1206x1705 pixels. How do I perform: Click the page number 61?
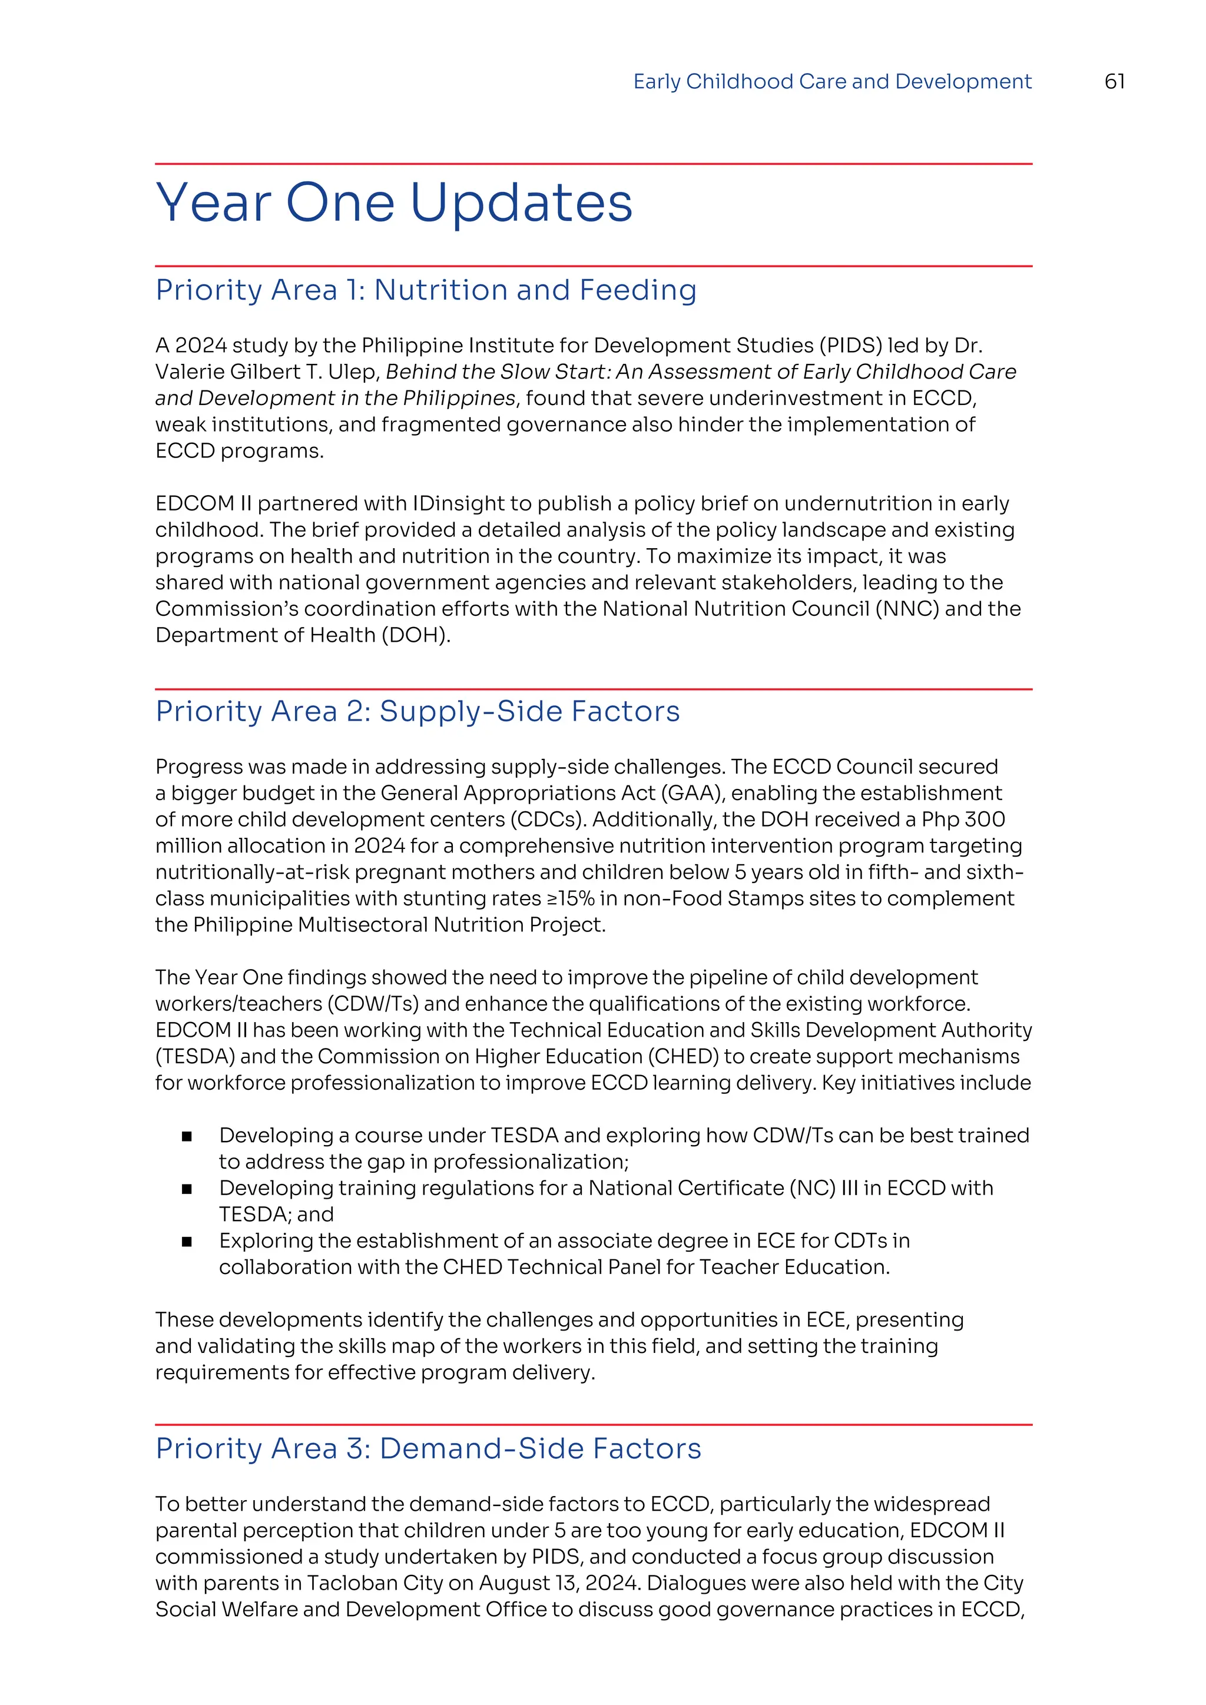[x=1114, y=82]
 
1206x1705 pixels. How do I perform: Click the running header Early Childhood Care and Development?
[x=831, y=82]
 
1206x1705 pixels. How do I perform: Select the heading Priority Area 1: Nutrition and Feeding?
[x=426, y=290]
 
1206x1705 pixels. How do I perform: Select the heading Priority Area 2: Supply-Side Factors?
[x=418, y=711]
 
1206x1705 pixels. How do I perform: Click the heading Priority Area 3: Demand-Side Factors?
[x=428, y=1449]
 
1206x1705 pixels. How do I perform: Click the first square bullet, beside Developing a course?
[x=187, y=1136]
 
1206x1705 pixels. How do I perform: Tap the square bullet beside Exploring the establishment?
[x=187, y=1242]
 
